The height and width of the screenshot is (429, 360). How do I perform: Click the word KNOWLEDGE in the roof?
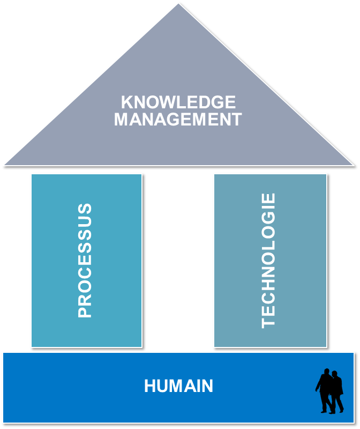click(x=178, y=102)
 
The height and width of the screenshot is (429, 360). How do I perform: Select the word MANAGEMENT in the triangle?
click(x=178, y=119)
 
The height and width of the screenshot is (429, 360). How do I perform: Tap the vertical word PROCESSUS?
click(x=85, y=261)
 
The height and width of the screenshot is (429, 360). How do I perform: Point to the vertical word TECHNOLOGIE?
click(x=268, y=261)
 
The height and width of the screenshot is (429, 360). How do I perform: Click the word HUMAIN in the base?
click(x=178, y=386)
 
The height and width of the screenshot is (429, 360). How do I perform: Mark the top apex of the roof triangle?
click(x=178, y=4)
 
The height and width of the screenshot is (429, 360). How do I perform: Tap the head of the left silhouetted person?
click(x=325, y=372)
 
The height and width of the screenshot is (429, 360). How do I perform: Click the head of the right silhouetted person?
click(x=335, y=374)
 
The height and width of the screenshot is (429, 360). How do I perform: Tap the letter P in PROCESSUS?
click(x=85, y=312)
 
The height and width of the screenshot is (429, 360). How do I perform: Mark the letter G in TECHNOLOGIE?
click(x=268, y=216)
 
